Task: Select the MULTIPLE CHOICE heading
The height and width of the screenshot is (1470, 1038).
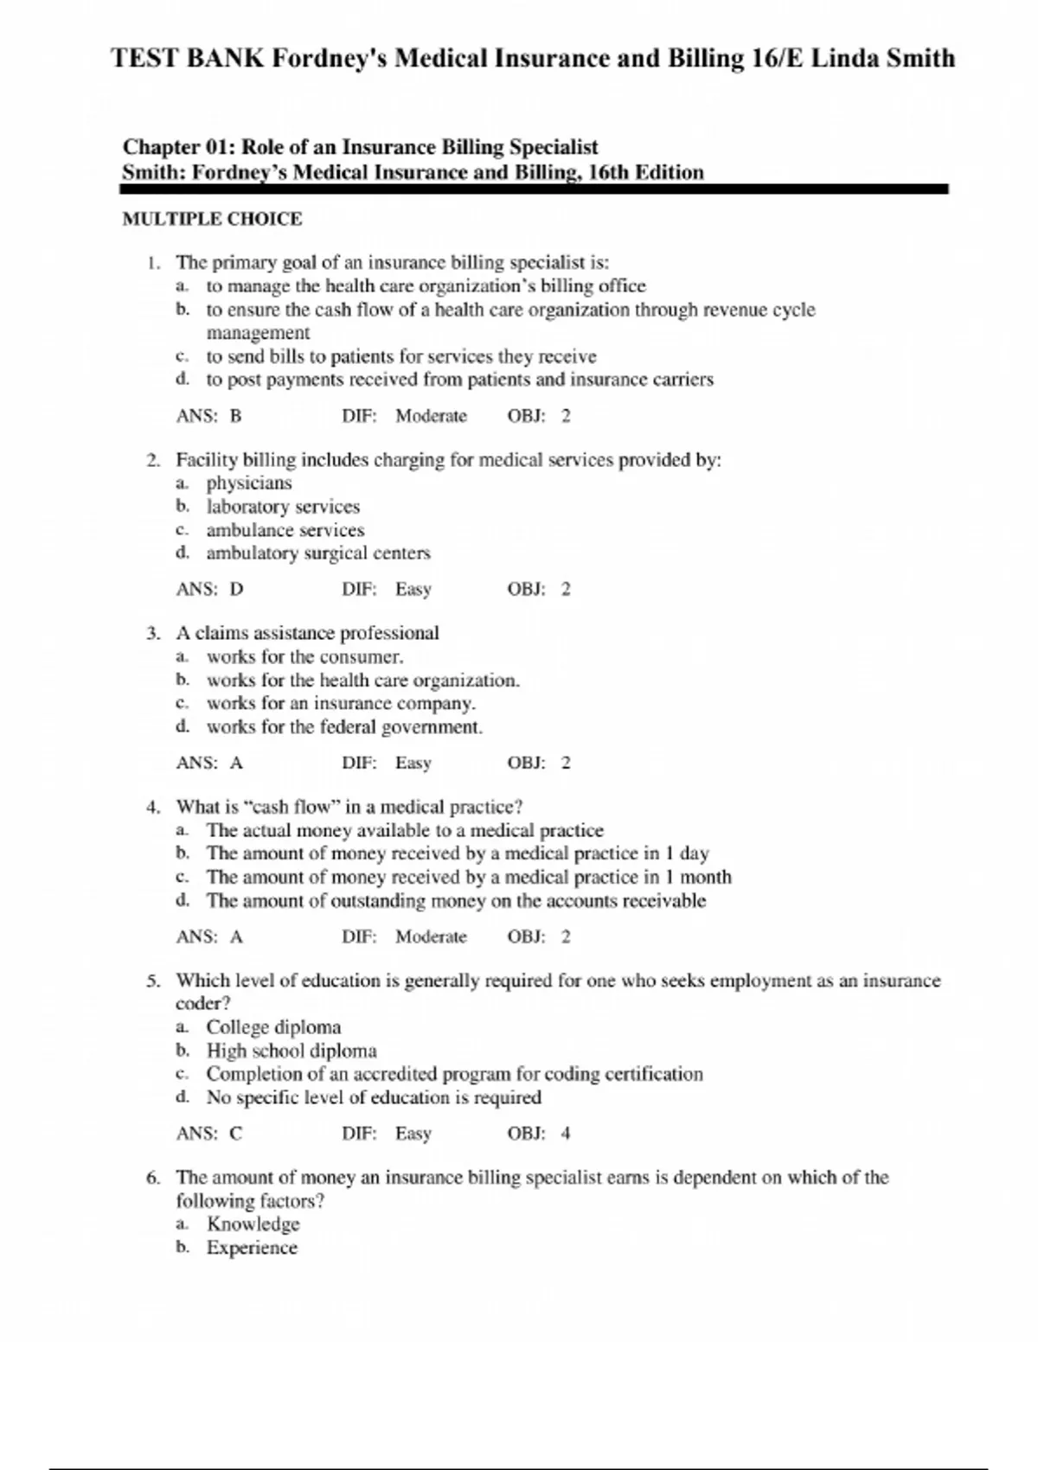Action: [212, 219]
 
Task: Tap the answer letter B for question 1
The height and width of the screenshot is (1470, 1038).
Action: [236, 416]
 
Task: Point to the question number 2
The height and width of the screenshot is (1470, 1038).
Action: [153, 460]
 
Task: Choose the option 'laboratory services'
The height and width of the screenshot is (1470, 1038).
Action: [283, 507]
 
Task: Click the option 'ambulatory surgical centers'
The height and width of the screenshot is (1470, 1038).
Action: [317, 553]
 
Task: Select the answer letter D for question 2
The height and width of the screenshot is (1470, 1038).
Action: [237, 590]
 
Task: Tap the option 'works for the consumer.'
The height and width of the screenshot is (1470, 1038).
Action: [304, 656]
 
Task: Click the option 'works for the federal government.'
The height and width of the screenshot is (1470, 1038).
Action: [344, 726]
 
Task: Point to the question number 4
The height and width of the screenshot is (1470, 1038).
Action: [153, 807]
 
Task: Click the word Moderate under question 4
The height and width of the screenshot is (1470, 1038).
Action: [431, 936]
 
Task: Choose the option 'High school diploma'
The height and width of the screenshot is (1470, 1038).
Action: [292, 1051]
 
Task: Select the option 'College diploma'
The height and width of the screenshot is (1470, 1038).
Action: [273, 1027]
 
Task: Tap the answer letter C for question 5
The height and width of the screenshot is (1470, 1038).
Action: [236, 1134]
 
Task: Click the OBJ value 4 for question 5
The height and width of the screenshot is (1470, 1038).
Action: [566, 1134]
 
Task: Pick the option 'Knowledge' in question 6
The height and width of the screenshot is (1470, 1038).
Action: [253, 1224]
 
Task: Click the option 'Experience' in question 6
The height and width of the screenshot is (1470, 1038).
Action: [252, 1248]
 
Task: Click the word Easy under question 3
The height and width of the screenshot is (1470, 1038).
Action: [413, 763]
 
